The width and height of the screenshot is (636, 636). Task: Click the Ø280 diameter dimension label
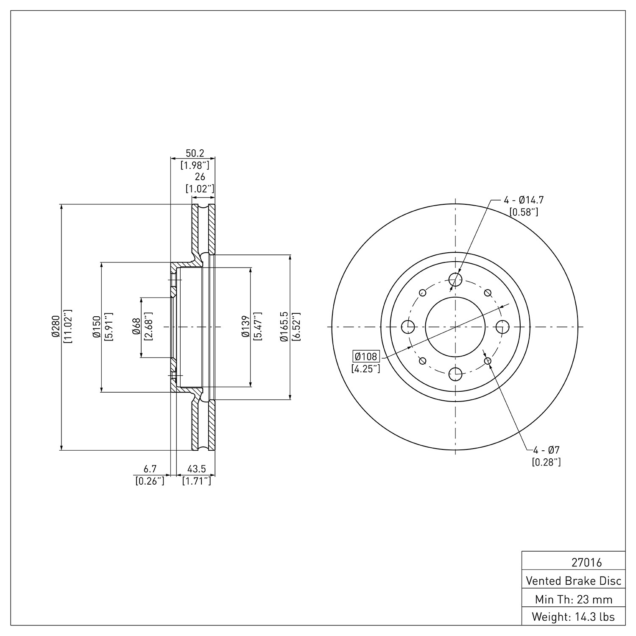click(x=55, y=327)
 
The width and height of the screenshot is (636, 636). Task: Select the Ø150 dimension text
click(x=96, y=327)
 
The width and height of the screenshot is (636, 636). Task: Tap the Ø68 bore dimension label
click(x=136, y=327)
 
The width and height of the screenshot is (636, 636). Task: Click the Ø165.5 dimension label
click(x=284, y=327)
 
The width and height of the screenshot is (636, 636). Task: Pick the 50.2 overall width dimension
click(x=195, y=153)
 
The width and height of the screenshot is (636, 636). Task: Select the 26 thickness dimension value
click(x=200, y=177)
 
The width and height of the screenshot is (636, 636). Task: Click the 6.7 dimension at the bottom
click(x=150, y=469)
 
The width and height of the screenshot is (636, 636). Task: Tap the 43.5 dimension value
click(x=197, y=469)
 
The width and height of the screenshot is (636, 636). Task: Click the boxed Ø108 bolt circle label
click(x=365, y=356)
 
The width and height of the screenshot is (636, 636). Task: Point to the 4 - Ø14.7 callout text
click(x=524, y=200)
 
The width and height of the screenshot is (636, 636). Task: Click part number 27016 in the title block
click(x=587, y=563)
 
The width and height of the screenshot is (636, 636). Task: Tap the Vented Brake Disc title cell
click(x=574, y=581)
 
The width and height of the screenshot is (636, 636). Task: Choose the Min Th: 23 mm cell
click(x=574, y=600)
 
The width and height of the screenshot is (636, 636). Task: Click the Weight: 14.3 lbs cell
click(x=574, y=617)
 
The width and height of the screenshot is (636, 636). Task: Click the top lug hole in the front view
click(x=455, y=279)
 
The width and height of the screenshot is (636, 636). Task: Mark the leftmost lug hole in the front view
click(x=408, y=327)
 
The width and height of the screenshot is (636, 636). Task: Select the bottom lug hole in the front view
click(x=455, y=374)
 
